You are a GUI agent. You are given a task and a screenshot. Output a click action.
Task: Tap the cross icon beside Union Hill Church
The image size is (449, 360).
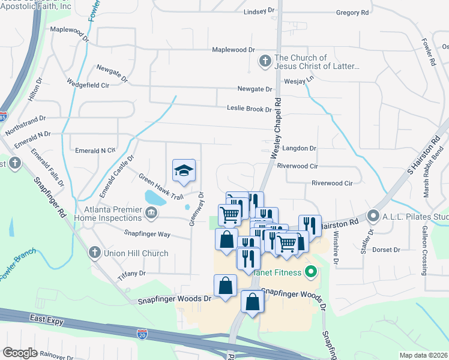point(94,253)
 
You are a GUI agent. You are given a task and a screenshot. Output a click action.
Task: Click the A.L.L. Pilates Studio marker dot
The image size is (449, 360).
point(373,215)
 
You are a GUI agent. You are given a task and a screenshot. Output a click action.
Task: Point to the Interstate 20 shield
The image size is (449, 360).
point(142,332)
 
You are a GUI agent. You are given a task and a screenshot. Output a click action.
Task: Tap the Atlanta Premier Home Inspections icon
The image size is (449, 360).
point(150,211)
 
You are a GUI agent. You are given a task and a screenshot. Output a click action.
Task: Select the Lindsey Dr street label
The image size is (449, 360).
point(259,12)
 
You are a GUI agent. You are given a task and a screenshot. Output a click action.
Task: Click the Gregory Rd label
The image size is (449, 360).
point(352,12)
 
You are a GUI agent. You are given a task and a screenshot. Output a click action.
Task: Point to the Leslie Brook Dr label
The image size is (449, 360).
point(249,109)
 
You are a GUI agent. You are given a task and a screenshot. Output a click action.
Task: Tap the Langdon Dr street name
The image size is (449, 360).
point(297,148)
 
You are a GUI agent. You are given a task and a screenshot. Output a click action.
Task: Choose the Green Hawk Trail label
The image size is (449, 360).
point(161,186)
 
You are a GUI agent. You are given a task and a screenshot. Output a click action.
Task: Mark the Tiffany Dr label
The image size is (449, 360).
point(133,273)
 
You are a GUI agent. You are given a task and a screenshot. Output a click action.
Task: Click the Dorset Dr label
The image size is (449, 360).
point(386,249)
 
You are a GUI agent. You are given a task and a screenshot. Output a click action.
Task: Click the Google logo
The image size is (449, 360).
point(20,352)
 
